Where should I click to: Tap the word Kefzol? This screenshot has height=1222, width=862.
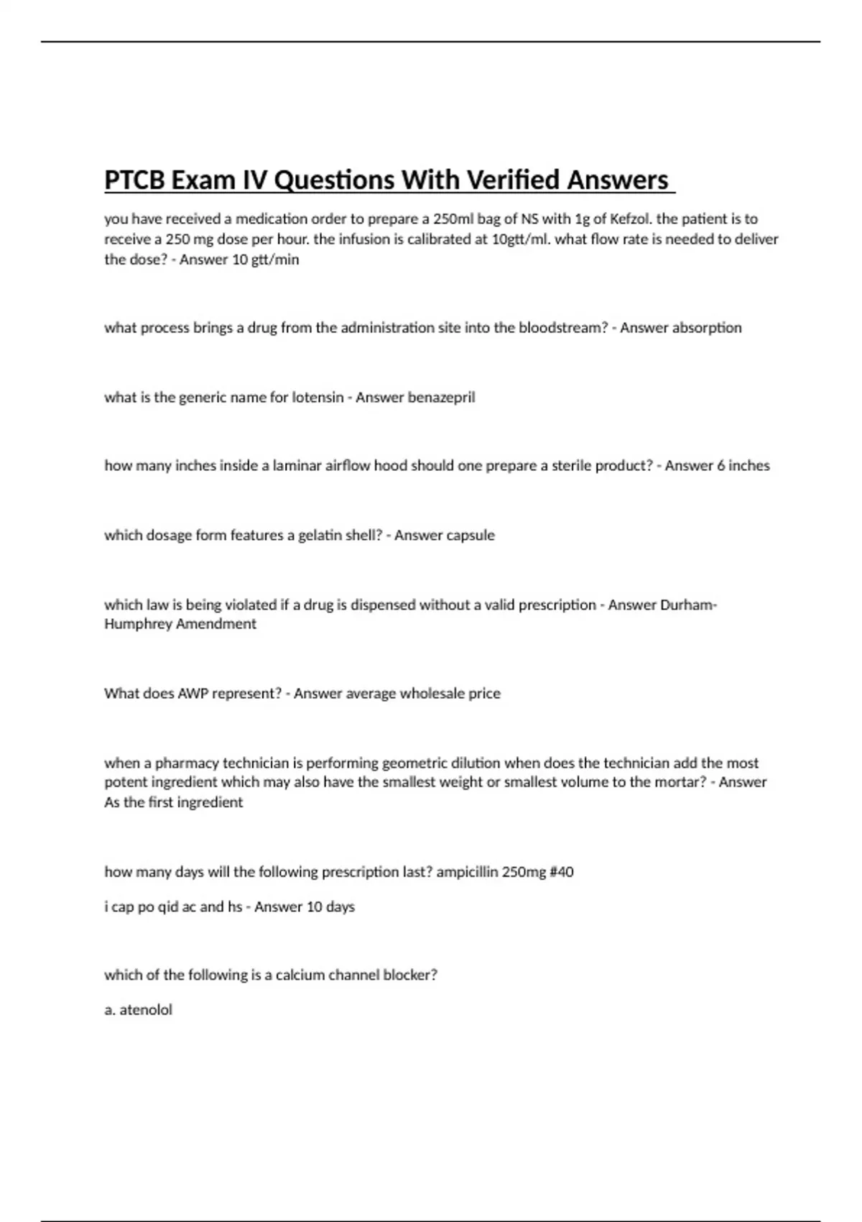(x=629, y=219)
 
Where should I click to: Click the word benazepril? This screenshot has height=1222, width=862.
(x=441, y=398)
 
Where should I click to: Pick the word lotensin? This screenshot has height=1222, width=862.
(x=318, y=398)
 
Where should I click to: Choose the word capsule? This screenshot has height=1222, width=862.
(x=470, y=536)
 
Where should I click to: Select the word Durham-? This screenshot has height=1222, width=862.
(x=688, y=605)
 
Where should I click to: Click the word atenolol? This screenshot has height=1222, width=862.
(x=146, y=1010)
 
